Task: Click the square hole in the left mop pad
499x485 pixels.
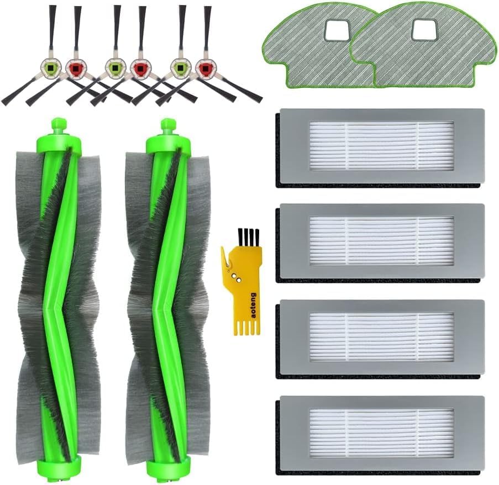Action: (x=336, y=31)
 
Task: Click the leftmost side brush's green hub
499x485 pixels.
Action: (x=49, y=68)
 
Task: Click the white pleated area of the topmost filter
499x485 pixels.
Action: (x=381, y=146)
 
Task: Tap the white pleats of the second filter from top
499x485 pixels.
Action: (x=381, y=240)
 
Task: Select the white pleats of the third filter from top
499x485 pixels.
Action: (x=381, y=337)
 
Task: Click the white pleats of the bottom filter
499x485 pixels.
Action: (x=381, y=433)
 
